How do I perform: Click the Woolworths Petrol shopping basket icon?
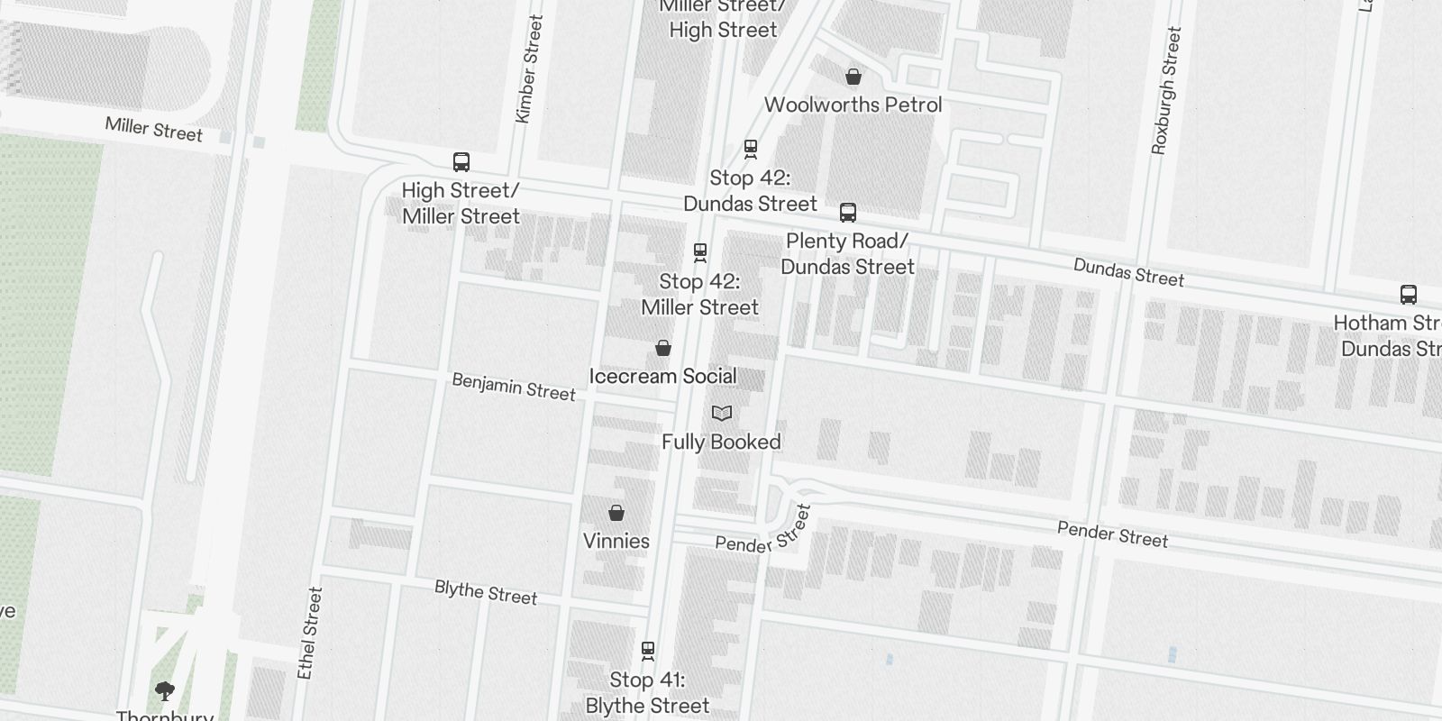pos(853,77)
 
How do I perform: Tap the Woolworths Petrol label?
pos(853,105)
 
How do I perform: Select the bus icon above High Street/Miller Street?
pos(461,162)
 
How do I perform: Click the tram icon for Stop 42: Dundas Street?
pos(750,149)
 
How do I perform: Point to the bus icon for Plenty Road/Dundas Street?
pos(847,213)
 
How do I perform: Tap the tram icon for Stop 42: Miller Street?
pos(700,252)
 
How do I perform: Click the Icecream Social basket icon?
pos(663,348)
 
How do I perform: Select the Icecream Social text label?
pos(662,376)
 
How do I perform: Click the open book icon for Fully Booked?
pos(721,414)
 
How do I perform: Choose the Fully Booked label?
pos(721,442)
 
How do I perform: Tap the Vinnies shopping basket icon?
pos(616,513)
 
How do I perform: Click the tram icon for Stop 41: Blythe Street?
pos(647,650)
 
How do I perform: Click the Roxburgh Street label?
pos(1165,90)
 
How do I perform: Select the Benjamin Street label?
pos(513,387)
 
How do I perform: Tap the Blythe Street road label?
pos(486,592)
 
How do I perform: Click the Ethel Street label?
pos(309,633)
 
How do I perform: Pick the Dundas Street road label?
pos(1128,272)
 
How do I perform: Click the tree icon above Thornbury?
pos(164,691)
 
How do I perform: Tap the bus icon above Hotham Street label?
pos(1408,295)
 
